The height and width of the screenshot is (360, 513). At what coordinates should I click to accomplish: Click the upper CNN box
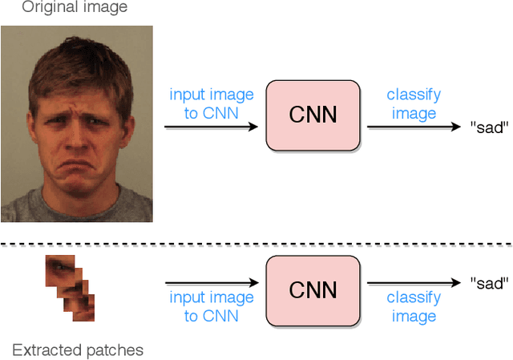(x=312, y=115)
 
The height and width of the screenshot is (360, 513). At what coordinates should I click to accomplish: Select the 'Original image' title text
(x=75, y=8)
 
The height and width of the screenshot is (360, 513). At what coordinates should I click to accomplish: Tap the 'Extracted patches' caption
(x=78, y=350)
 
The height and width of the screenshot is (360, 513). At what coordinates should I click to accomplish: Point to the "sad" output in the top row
(x=489, y=127)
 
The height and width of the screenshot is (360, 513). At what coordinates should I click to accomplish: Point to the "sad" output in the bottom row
(x=489, y=283)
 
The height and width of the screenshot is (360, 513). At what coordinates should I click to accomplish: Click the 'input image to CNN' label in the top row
(x=212, y=104)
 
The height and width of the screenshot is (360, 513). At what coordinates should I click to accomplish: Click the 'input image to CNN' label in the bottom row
(x=212, y=306)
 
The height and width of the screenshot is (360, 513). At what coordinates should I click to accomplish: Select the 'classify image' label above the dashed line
(x=414, y=104)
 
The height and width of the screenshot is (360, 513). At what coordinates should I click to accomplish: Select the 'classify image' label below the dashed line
(x=414, y=306)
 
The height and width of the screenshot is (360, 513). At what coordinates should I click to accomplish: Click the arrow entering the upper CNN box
(x=212, y=127)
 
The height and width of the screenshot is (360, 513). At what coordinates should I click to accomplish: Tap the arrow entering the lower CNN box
(x=212, y=283)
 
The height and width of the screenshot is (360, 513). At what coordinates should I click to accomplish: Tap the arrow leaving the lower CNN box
(x=414, y=283)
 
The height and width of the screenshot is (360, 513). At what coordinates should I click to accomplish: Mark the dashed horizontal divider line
(x=256, y=243)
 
